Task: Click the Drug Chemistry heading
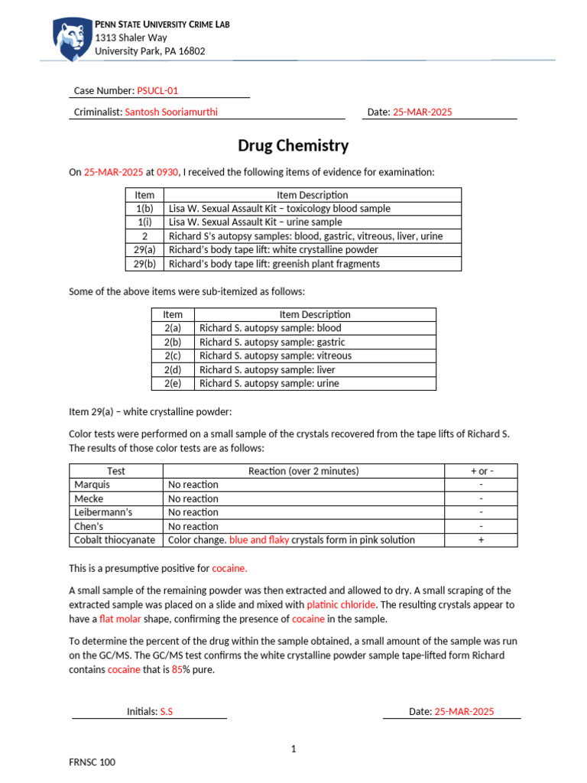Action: click(293, 145)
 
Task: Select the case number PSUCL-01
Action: click(157, 90)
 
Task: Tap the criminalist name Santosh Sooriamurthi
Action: click(175, 112)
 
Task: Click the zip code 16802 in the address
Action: click(191, 51)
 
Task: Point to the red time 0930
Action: click(167, 173)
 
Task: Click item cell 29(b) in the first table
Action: click(144, 264)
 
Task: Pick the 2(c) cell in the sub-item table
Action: click(173, 356)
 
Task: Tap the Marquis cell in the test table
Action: click(92, 484)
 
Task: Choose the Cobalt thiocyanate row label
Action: click(115, 540)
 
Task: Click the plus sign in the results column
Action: click(481, 540)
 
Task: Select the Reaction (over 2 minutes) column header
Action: click(303, 471)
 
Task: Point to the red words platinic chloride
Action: click(341, 604)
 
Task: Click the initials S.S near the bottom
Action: click(166, 711)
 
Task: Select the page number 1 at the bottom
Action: click(293, 749)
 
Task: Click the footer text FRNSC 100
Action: click(92, 762)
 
